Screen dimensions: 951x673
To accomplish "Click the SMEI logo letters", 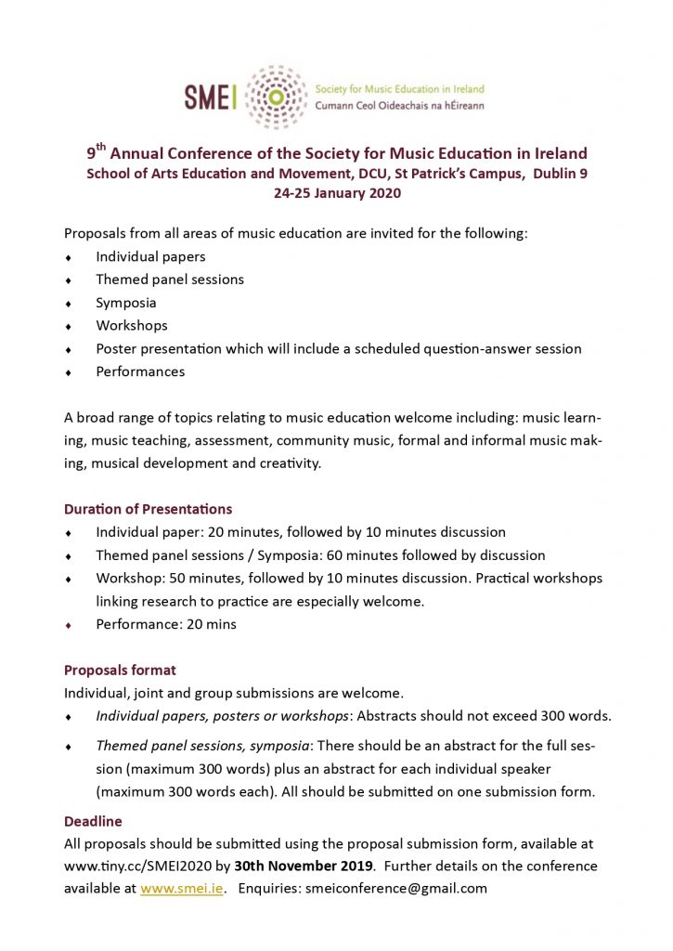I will click(x=212, y=98).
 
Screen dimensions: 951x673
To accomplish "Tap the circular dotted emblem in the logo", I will click(x=275, y=97).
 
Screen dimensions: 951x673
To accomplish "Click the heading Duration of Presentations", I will click(x=148, y=509).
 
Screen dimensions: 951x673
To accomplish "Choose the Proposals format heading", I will click(x=120, y=670).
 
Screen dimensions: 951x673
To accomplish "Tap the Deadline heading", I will click(x=93, y=821).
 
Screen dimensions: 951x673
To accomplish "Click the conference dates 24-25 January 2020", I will click(x=336, y=193).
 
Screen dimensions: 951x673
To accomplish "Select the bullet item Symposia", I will click(x=126, y=303).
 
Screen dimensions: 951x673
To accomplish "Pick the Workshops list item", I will click(x=132, y=326).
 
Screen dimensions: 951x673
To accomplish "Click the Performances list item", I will click(x=140, y=371).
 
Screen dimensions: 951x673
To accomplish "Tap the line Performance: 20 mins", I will click(x=166, y=624).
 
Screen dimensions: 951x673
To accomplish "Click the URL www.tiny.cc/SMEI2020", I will click(x=131, y=866).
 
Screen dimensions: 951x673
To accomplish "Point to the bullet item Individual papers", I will click(x=150, y=256).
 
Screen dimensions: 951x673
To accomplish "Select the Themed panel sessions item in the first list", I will click(x=170, y=280).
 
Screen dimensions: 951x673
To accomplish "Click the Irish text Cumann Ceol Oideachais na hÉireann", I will click(x=399, y=106).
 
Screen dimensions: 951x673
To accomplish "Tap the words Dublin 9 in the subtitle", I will click(x=560, y=174).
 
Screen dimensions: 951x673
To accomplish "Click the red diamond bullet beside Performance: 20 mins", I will click(x=68, y=625).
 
